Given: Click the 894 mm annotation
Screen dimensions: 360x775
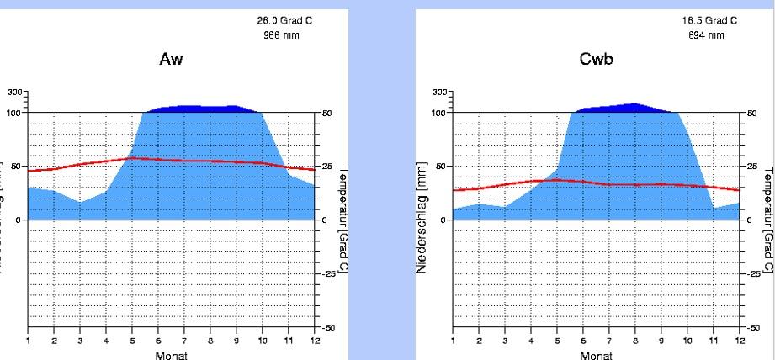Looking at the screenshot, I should pyautogui.click(x=708, y=34).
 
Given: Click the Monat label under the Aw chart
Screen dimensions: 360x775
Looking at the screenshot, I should pyautogui.click(x=171, y=354).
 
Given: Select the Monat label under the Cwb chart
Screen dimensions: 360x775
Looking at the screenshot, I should pyautogui.click(x=596, y=354).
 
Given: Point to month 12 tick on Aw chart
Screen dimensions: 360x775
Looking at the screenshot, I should pyautogui.click(x=314, y=341).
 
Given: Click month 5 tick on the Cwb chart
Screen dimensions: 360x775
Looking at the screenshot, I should pyautogui.click(x=557, y=341).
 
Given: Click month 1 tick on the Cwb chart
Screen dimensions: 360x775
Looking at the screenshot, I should pyautogui.click(x=453, y=341).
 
